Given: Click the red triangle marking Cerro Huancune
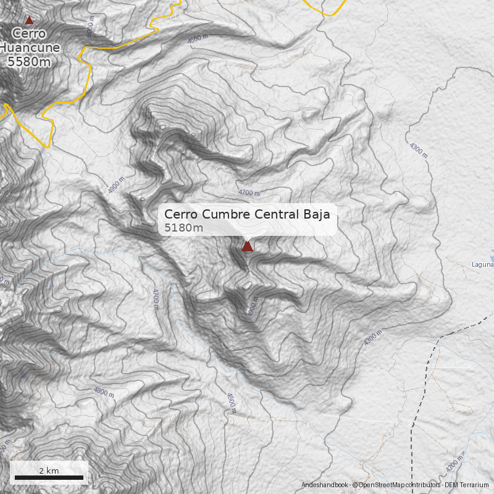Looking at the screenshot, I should click(28, 20).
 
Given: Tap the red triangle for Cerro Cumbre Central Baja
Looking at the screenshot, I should click(247, 246).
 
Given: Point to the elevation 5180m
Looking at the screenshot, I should click(183, 228).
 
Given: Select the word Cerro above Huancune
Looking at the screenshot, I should click(28, 33).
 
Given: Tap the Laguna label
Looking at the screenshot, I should click(482, 265).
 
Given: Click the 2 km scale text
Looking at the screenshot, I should click(49, 471).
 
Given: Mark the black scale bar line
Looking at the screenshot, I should click(49, 477).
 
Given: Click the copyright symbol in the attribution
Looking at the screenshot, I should click(355, 485).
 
